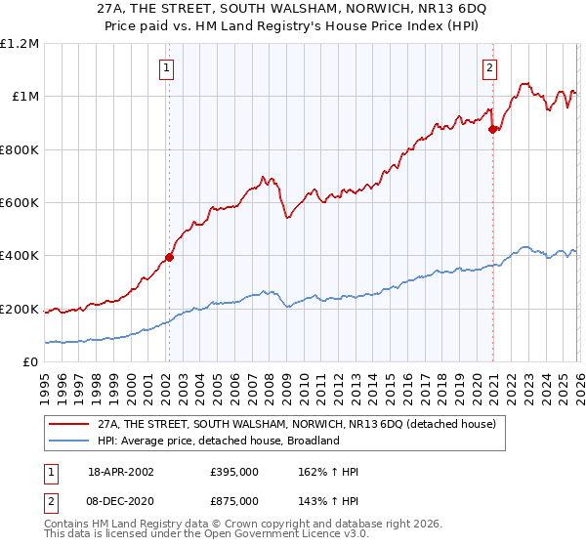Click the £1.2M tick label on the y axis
(x=20, y=43)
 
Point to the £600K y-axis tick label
(x=20, y=202)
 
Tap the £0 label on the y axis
(x=30, y=362)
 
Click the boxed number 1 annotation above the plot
(x=168, y=68)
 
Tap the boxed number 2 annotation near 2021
(x=488, y=68)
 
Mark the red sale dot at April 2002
(x=169, y=258)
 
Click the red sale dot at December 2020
(x=493, y=129)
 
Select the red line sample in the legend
(x=68, y=425)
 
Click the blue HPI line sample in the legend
(x=68, y=441)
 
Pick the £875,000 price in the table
(x=234, y=500)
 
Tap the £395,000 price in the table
(x=234, y=472)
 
